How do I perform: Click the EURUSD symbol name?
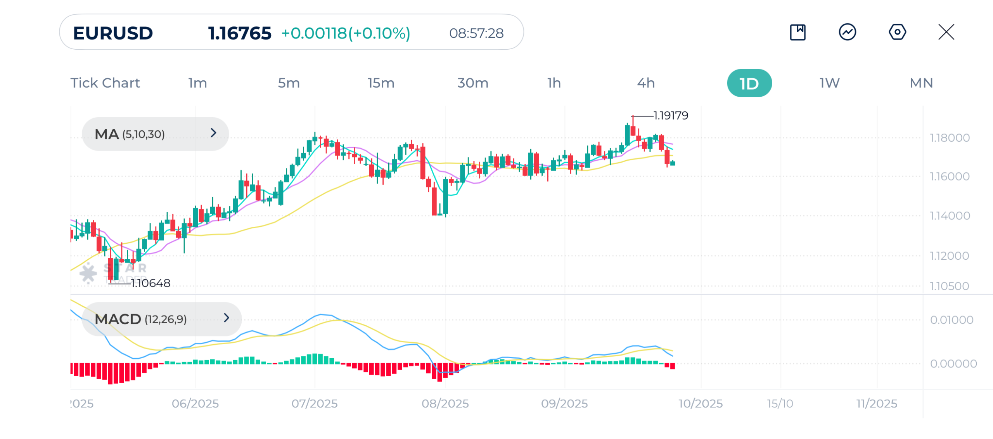point(113,33)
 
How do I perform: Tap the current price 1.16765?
point(239,33)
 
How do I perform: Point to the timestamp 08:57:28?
point(476,33)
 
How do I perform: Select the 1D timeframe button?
point(749,83)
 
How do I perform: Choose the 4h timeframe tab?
point(645,83)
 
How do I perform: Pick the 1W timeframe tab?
point(829,83)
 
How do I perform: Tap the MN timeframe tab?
point(921,83)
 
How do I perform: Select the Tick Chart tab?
point(105,83)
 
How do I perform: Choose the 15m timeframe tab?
point(381,83)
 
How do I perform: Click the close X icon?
point(946,32)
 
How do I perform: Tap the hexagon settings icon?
point(897,32)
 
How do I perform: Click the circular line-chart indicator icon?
point(847,32)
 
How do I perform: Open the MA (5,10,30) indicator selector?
point(155,134)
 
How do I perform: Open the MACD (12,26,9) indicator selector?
point(161,319)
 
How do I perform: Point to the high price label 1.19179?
point(671,116)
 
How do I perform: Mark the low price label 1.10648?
point(151,283)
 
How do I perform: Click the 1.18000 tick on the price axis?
point(950,138)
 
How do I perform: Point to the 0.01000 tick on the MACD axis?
point(951,320)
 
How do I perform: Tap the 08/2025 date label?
point(445,404)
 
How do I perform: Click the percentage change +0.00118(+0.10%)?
point(346,33)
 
